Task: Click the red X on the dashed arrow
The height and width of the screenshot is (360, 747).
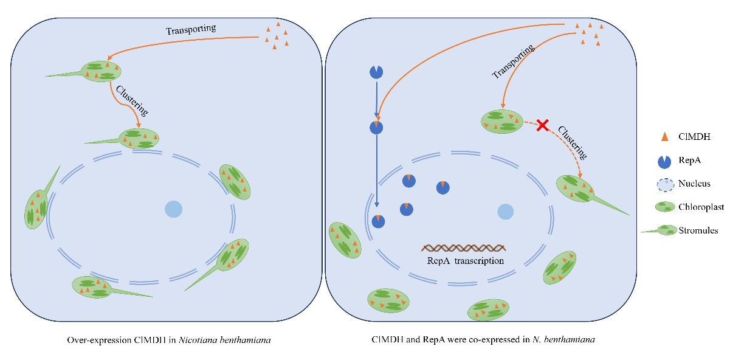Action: click(x=543, y=126)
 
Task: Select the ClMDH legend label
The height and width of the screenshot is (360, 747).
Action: click(x=694, y=137)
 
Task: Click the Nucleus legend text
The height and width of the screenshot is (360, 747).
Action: click(x=694, y=183)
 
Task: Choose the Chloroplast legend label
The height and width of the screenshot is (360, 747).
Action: click(x=701, y=207)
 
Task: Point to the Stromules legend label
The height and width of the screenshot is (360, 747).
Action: click(x=698, y=230)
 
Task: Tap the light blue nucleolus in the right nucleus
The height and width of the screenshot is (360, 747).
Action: click(x=505, y=212)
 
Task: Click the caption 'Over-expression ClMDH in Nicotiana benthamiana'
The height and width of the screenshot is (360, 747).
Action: click(x=169, y=339)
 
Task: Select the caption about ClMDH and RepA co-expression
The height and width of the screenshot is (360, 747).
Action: click(x=483, y=339)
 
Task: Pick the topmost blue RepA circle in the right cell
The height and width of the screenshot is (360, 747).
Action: click(x=376, y=72)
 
